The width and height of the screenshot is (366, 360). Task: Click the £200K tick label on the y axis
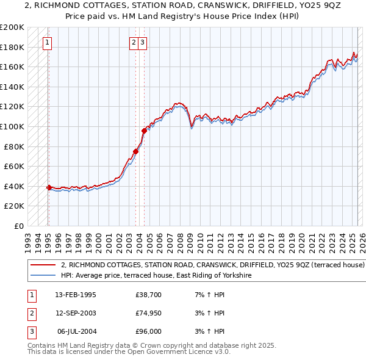[x=12, y=27]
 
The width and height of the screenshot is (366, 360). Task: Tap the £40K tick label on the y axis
[x=15, y=186]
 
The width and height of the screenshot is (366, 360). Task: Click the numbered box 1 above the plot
[x=48, y=43]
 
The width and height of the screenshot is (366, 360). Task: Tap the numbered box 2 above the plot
[x=133, y=43]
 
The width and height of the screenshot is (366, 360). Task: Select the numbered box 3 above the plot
[x=142, y=43]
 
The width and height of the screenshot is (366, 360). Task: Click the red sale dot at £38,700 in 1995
[x=49, y=187]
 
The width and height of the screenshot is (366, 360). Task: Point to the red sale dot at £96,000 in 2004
[x=144, y=131]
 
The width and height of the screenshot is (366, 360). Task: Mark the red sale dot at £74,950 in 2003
[x=136, y=151]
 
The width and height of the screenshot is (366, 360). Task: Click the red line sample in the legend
[x=43, y=265]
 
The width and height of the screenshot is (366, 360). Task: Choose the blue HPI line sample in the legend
[x=43, y=276]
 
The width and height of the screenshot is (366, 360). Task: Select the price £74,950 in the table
[x=149, y=313]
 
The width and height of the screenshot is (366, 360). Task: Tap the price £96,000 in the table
[x=149, y=331]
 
